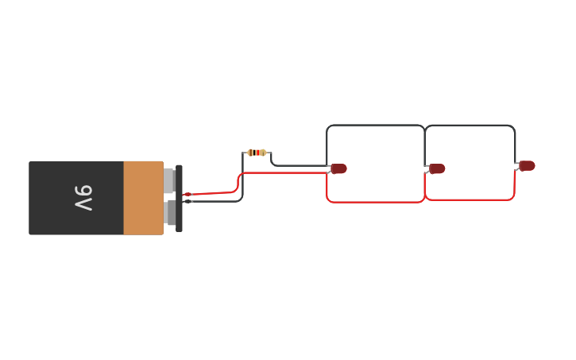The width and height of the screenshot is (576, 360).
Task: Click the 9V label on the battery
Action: pos(83,198)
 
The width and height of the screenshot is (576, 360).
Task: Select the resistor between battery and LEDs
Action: pos(256,153)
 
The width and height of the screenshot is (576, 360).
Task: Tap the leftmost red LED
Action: pos(339,168)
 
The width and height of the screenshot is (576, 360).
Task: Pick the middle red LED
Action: pos(437,168)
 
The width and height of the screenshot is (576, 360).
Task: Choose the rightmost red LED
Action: pos(528,165)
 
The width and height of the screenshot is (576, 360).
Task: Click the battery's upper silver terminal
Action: pos(168,180)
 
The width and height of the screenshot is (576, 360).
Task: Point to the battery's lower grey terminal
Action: pos(170,213)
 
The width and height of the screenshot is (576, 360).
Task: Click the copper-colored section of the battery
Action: pos(143,198)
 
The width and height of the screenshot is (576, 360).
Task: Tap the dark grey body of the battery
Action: pos(56,198)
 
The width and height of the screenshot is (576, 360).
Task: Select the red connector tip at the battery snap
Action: pos(187,194)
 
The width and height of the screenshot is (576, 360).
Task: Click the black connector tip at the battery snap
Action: pos(188,201)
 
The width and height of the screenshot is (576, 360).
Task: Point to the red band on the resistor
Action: pos(254,153)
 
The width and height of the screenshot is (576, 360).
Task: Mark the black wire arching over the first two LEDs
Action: pos(375,126)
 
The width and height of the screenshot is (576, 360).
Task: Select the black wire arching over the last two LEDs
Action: pos(470,126)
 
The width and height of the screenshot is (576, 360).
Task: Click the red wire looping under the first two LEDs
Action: pos(375,202)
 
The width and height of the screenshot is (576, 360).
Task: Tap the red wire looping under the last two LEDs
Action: pos(470,199)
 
